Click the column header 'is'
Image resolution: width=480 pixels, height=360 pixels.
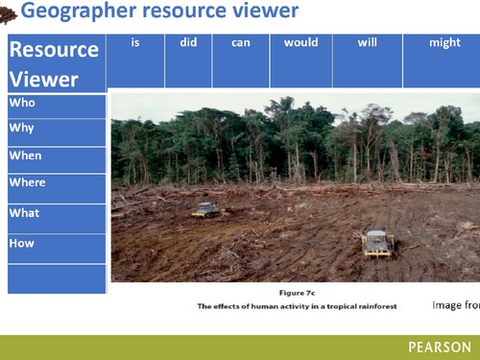click(x=135, y=43)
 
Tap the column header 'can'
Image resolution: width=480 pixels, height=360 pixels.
click(x=240, y=43)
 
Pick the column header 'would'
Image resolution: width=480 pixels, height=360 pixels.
click(x=300, y=43)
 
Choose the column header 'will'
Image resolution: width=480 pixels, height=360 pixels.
click(x=368, y=43)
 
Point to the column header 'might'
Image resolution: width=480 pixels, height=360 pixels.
click(x=441, y=43)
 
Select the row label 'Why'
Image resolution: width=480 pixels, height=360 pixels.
click(x=20, y=128)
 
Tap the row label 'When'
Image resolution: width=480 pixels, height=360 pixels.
click(x=25, y=156)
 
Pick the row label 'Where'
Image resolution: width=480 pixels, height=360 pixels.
click(x=27, y=182)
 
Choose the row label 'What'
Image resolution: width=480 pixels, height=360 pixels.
click(x=24, y=212)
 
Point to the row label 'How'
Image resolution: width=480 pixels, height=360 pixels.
click(x=21, y=243)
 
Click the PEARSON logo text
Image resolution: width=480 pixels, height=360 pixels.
click(x=439, y=348)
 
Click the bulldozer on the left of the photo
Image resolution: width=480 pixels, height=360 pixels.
click(x=205, y=209)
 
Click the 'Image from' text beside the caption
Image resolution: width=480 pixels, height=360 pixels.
click(x=455, y=305)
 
